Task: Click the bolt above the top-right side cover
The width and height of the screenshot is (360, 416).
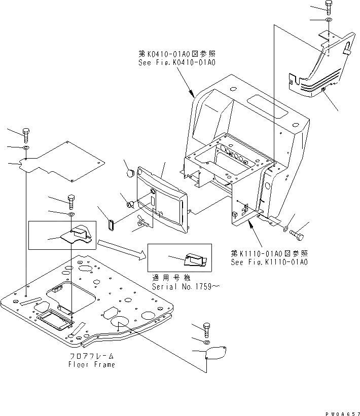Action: pos(329,8)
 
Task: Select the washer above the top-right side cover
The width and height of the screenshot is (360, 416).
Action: pos(329,20)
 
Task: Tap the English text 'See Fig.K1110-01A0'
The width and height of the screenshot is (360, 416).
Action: pos(269,262)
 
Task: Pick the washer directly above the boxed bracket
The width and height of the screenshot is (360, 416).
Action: pos(70,214)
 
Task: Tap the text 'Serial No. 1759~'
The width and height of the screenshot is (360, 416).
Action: pos(186,286)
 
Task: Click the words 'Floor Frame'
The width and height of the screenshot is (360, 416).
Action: pos(92,364)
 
